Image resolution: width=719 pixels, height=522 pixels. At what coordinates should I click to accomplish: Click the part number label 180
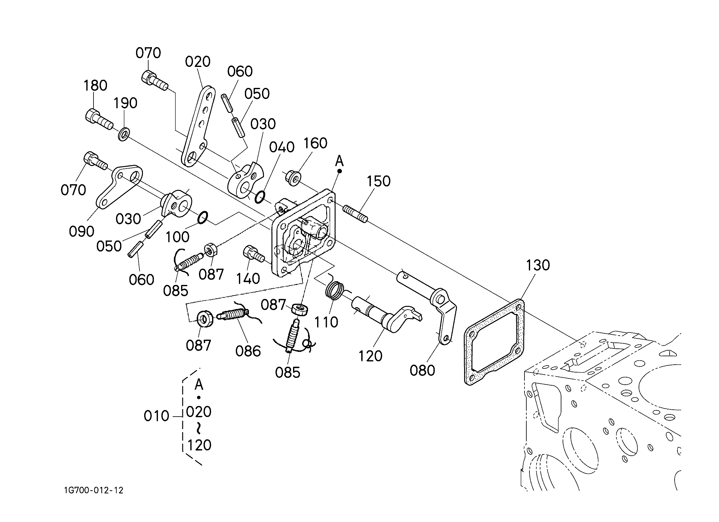point(95,86)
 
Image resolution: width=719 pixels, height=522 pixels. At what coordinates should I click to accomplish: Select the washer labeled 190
point(124,134)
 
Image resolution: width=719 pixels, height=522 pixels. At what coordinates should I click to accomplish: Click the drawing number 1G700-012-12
point(94,490)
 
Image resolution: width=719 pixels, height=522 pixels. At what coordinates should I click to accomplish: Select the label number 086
point(248,351)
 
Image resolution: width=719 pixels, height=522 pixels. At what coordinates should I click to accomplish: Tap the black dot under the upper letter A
point(340,171)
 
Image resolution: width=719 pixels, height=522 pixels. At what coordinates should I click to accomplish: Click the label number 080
point(422,370)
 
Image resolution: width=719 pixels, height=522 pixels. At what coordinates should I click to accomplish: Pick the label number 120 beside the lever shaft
point(370,356)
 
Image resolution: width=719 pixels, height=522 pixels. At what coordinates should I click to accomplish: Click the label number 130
point(538,265)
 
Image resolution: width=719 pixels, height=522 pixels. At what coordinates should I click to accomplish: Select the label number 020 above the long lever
point(198,62)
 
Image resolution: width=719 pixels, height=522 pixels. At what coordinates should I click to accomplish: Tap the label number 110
point(326,322)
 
